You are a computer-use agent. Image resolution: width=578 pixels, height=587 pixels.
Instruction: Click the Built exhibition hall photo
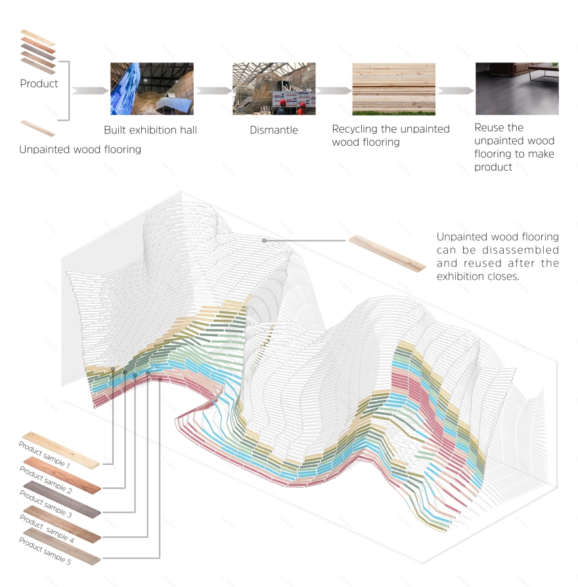click(152, 89)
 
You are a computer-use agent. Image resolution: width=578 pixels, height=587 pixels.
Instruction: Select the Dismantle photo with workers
click(274, 89)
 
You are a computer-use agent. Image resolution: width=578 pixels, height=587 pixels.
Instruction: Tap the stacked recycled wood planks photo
click(393, 89)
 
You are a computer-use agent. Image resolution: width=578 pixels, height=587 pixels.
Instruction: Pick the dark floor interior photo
click(517, 89)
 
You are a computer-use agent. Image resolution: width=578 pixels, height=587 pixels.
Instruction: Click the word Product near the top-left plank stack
click(39, 83)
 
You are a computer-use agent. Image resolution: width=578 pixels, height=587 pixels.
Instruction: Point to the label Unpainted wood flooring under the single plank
click(80, 149)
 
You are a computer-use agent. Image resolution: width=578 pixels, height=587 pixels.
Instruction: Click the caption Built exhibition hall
click(150, 130)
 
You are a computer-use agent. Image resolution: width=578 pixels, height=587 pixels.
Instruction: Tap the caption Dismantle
click(274, 130)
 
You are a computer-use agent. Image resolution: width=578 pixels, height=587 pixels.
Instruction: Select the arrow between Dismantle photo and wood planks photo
click(334, 91)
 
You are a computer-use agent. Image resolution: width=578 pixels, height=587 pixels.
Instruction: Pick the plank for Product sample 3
click(63, 498)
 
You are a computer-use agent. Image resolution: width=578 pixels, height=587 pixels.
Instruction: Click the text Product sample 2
click(45, 480)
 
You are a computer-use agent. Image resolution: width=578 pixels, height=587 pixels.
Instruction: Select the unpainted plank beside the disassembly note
click(386, 253)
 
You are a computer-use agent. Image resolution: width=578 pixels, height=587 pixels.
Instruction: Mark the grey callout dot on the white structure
click(265, 241)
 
